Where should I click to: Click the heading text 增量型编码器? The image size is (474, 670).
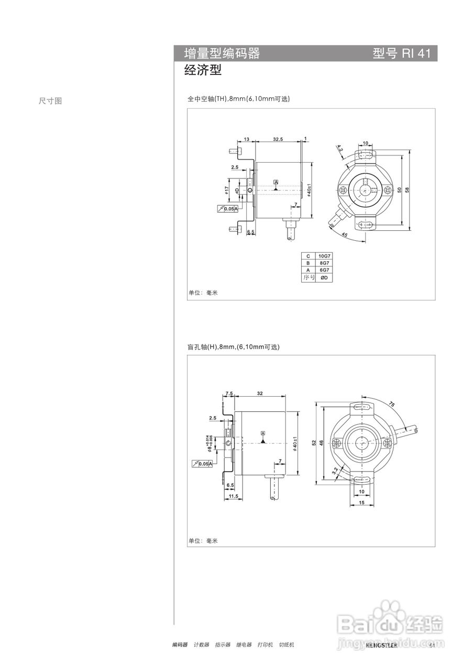click(x=222, y=53)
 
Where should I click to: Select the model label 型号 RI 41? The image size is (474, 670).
click(x=401, y=53)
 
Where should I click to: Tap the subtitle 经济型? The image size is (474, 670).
click(x=203, y=71)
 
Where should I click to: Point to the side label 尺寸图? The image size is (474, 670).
click(x=50, y=101)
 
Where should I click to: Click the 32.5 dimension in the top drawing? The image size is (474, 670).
click(x=278, y=139)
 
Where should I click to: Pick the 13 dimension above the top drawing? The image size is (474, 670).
click(x=246, y=139)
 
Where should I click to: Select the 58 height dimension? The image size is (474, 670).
click(x=414, y=190)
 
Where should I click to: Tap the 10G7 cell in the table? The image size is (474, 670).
click(x=324, y=256)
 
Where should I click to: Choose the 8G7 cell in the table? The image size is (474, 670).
click(x=324, y=263)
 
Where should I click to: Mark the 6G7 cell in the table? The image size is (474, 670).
click(x=324, y=270)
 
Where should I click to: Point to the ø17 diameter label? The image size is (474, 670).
click(x=227, y=191)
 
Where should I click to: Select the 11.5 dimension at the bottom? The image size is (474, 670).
click(x=233, y=496)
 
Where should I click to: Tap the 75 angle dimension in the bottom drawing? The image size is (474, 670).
click(x=392, y=404)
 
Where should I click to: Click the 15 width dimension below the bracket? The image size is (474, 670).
click(x=361, y=502)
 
